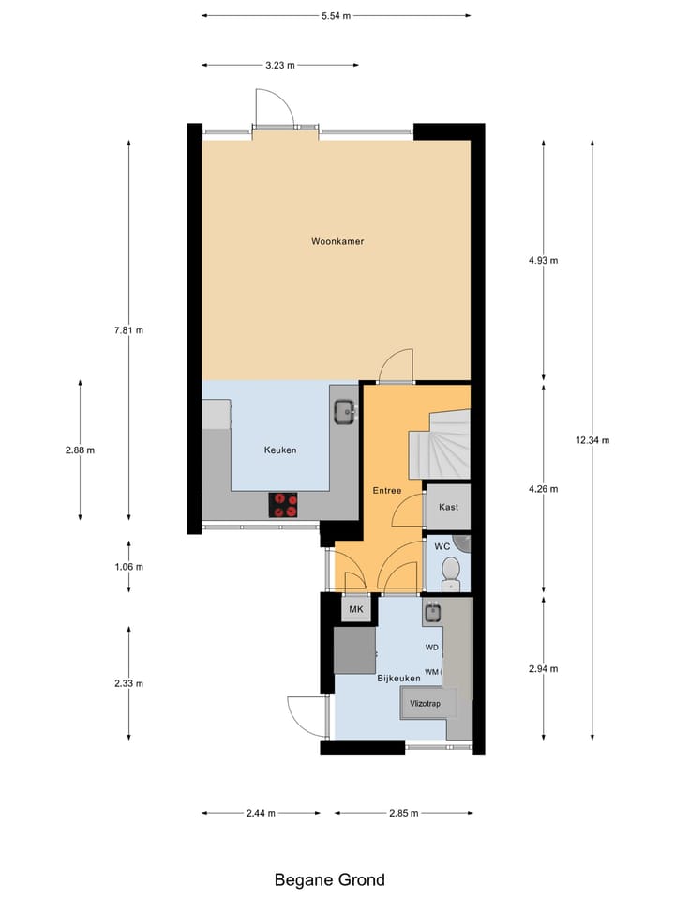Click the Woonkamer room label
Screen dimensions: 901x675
click(337, 241)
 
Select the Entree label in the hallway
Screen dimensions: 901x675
click(386, 490)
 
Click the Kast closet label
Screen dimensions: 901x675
click(448, 507)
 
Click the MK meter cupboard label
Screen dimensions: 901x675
click(355, 611)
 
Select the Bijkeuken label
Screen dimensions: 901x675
click(398, 678)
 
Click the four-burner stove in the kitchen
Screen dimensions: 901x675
click(285, 504)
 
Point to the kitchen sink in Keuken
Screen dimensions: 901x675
click(344, 410)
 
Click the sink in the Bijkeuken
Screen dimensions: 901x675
click(432, 614)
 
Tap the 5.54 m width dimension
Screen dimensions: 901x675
click(336, 16)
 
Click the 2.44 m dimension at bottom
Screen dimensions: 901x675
click(261, 814)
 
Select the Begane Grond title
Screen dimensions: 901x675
click(329, 879)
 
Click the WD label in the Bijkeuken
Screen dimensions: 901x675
click(432, 648)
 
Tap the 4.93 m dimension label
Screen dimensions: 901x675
click(543, 261)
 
